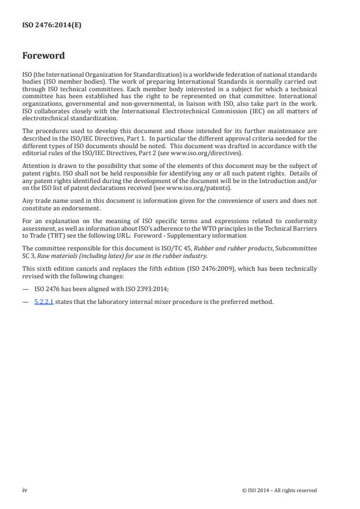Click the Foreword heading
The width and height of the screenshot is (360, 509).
point(44,56)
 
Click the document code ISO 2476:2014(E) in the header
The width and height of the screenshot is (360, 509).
point(46,26)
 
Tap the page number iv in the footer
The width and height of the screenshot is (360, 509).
point(25,490)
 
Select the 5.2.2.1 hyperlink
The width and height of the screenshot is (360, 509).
point(44,302)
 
